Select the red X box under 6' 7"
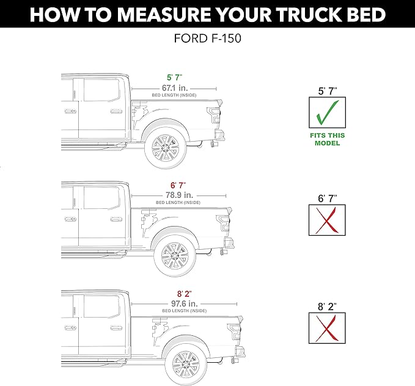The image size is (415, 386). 327,220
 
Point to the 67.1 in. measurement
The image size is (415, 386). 174,88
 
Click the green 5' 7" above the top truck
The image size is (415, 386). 174,77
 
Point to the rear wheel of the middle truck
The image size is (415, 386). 174,256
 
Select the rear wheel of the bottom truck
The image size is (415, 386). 185,364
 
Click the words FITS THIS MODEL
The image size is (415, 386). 327,139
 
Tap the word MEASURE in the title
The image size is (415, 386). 161,15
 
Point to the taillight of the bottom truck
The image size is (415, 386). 234,331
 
